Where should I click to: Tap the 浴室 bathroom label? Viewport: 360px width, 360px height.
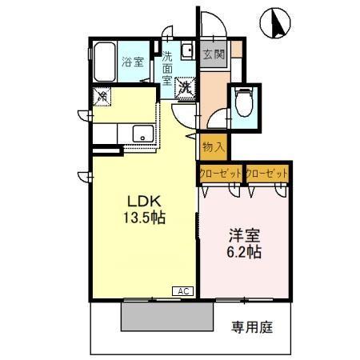[131, 62]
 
